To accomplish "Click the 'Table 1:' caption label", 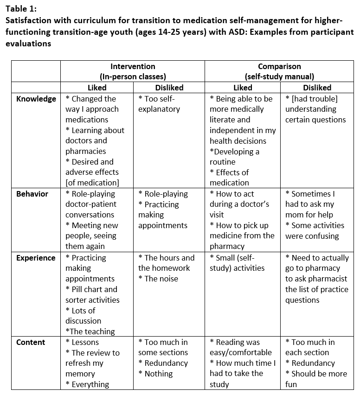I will pos(21,8).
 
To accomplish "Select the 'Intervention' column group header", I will pos(133,66).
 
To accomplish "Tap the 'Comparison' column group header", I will pos(279,66).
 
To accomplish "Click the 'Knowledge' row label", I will pos(36,99).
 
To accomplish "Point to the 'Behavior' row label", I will pos(32,194).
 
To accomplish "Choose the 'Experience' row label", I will pos(36,258).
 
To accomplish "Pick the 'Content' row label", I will pos(31,342).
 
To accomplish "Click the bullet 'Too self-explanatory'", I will pos(159,104).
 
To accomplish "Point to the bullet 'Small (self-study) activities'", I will pos(237,263).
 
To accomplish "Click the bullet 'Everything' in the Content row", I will pos(88,384).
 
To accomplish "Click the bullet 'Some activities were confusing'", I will pos(315,230).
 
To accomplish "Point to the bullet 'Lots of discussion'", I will pos(84,315).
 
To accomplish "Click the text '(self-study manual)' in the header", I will pos(279,76).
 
